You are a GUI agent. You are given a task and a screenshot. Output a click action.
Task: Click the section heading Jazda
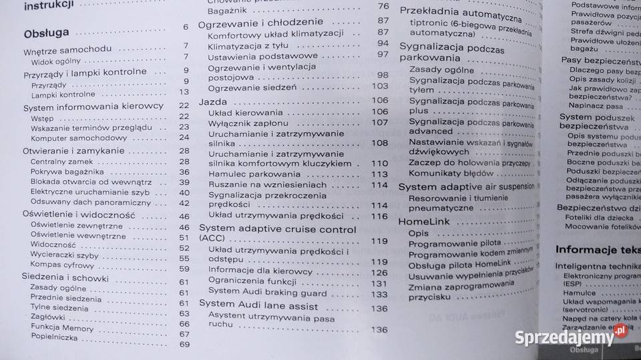(214, 102)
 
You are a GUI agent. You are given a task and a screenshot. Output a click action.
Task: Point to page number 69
(184, 345)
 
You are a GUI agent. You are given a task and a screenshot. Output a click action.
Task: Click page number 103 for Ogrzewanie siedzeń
(379, 86)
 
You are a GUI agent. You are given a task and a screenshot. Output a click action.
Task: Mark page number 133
(379, 294)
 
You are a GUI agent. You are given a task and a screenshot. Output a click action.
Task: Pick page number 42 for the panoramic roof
(184, 203)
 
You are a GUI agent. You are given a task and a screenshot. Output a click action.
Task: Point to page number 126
(379, 273)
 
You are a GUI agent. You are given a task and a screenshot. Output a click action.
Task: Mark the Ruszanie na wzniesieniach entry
(258, 184)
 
